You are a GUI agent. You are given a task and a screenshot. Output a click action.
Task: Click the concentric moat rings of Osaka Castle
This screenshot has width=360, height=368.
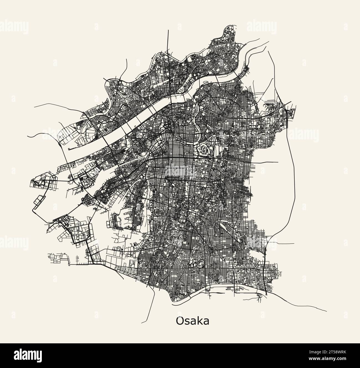(203, 150)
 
